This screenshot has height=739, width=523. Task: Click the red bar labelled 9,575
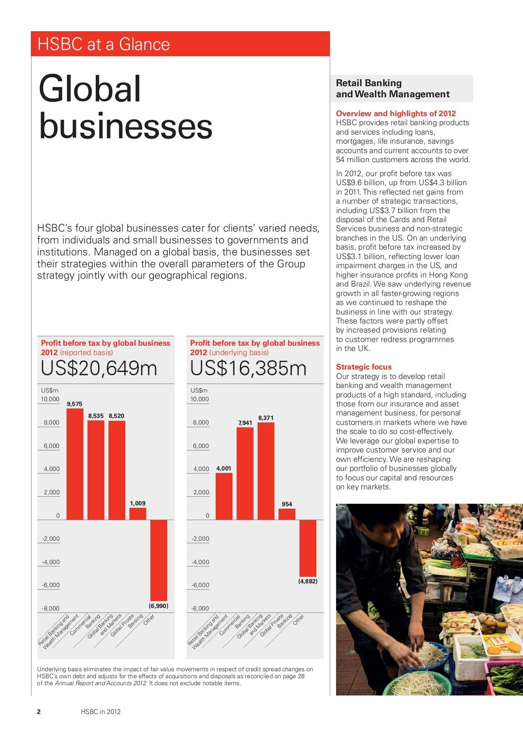coord(75,464)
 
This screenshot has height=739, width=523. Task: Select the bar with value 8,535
coord(96,470)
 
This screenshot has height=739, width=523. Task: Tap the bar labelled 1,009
coord(138,514)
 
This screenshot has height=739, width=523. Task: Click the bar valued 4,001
coord(224,496)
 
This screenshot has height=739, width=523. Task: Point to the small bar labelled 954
coord(287,514)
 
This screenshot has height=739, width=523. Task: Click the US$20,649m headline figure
coord(99,369)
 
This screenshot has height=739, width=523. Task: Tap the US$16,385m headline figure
coord(248,369)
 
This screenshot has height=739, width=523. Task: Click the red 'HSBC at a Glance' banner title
coord(104,44)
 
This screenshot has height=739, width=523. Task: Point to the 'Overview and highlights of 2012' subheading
coord(396,113)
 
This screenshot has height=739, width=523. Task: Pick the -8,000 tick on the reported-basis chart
coord(51,608)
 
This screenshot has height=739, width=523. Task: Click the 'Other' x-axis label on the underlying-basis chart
coord(299,620)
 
